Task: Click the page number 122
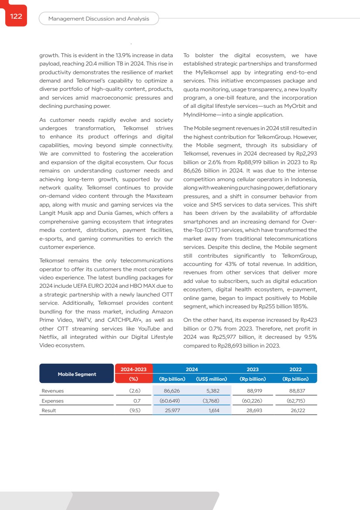16,17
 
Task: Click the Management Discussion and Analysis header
99,19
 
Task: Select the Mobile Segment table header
77,374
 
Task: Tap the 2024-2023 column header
134,369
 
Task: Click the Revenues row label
53,391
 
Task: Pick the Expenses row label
53,401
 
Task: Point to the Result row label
49,410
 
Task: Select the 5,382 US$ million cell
212,391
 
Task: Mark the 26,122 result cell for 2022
298,410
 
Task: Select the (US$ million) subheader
211,379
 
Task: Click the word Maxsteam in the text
159,196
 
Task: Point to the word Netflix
48,337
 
